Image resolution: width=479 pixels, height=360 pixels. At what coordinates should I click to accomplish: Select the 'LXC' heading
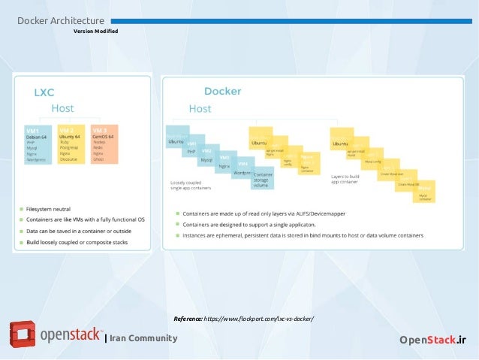tap(44, 93)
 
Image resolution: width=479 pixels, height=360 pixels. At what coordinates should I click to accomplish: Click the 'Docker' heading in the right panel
tap(222, 92)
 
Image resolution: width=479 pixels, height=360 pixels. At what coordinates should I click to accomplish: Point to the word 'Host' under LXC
tap(62, 109)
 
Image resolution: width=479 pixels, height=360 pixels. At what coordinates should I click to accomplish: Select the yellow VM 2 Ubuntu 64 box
tap(72, 143)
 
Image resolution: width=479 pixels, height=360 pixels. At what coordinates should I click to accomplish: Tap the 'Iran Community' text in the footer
tap(143, 338)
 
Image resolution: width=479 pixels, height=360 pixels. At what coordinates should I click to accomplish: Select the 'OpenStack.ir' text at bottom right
tap(432, 340)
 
